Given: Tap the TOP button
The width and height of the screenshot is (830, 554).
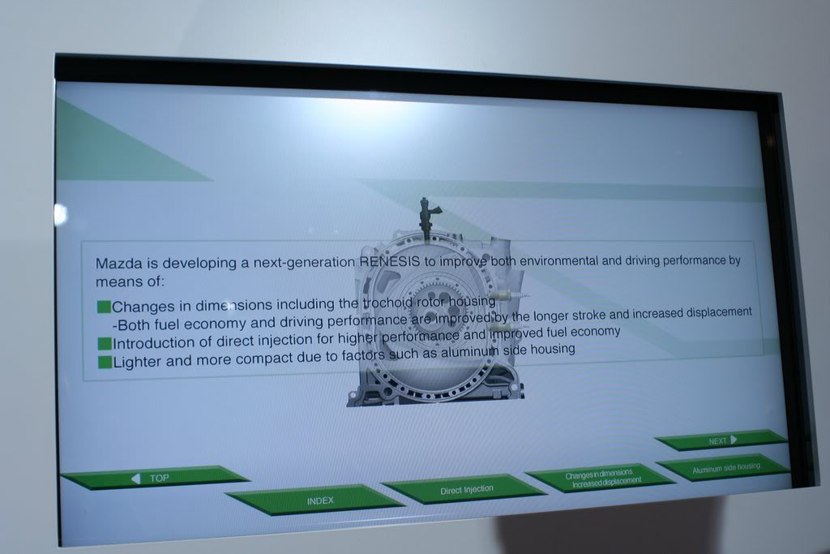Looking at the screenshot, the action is point(155,477).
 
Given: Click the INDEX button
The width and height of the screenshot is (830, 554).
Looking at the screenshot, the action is point(315,500).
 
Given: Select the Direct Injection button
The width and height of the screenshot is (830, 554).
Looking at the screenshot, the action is point(464,489).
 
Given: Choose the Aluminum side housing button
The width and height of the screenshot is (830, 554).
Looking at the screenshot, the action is point(724,468).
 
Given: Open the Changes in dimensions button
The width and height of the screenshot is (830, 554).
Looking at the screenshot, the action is point(601,477).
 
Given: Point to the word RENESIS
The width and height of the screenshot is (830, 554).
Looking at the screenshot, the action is point(390,261).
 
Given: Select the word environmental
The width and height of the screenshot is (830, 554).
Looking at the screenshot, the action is point(558,260).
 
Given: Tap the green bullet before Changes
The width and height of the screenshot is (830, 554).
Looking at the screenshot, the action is point(104,307).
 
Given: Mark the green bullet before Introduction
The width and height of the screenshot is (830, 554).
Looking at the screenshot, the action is point(105,343).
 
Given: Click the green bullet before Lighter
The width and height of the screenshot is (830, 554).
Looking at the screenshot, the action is point(105,363).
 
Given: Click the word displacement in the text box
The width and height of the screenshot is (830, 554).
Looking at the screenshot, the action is point(719,312).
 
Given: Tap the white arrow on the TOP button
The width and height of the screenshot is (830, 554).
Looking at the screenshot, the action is point(136,479).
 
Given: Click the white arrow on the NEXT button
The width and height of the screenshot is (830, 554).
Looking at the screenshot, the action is point(733,440).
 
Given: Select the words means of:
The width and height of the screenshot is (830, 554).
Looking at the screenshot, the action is point(130,281).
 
